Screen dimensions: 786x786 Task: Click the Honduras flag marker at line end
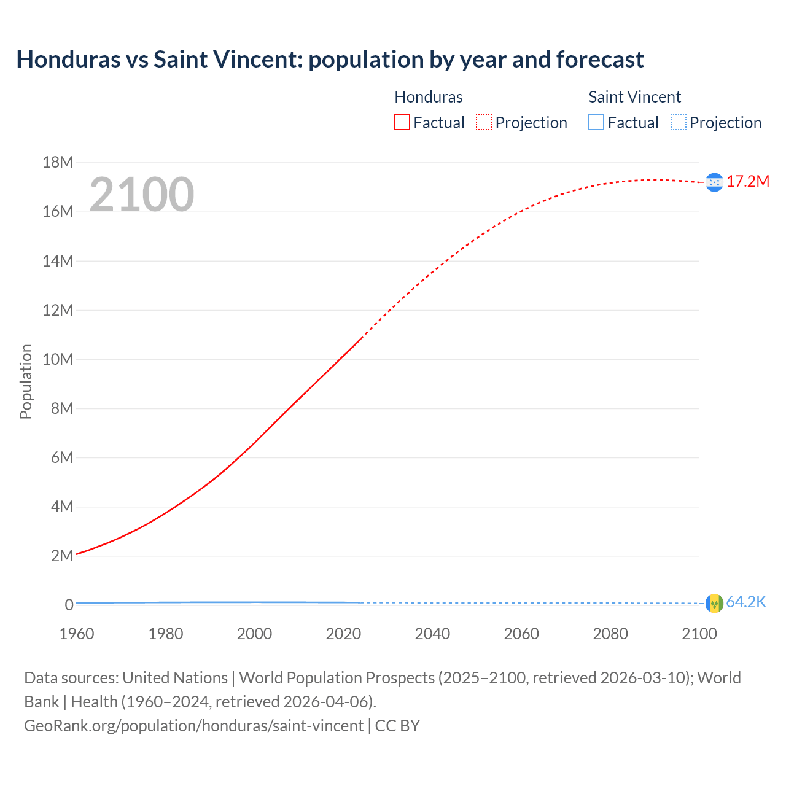pyautogui.click(x=714, y=182)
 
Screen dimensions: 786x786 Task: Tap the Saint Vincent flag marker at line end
pyautogui.click(x=714, y=604)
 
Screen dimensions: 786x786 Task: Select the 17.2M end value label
pyautogui.click(x=747, y=181)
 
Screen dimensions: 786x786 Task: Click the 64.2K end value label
pyautogui.click(x=745, y=602)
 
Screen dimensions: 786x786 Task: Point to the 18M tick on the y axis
pyautogui.click(x=58, y=162)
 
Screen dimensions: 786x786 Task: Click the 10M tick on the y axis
pyautogui.click(x=58, y=359)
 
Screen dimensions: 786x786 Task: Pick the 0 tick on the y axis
pyautogui.click(x=69, y=605)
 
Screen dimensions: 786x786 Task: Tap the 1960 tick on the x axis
pyautogui.click(x=77, y=634)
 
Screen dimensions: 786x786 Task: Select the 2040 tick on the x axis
pyautogui.click(x=432, y=634)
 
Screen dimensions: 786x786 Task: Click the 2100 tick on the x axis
pyautogui.click(x=699, y=634)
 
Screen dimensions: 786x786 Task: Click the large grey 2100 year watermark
pyautogui.click(x=142, y=195)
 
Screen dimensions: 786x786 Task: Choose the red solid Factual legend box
pyautogui.click(x=402, y=122)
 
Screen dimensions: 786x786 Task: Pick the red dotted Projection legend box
pyautogui.click(x=484, y=122)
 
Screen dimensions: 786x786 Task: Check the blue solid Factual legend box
pyautogui.click(x=596, y=122)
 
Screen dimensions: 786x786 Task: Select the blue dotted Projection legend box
pyautogui.click(x=678, y=122)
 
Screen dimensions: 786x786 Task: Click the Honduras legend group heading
pyautogui.click(x=428, y=97)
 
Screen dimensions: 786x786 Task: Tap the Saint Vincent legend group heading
pyautogui.click(x=634, y=97)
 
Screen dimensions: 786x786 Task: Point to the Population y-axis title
pyautogui.click(x=26, y=381)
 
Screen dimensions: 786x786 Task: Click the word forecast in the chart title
pyautogui.click(x=599, y=60)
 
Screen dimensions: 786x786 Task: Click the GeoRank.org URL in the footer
pyautogui.click(x=193, y=725)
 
